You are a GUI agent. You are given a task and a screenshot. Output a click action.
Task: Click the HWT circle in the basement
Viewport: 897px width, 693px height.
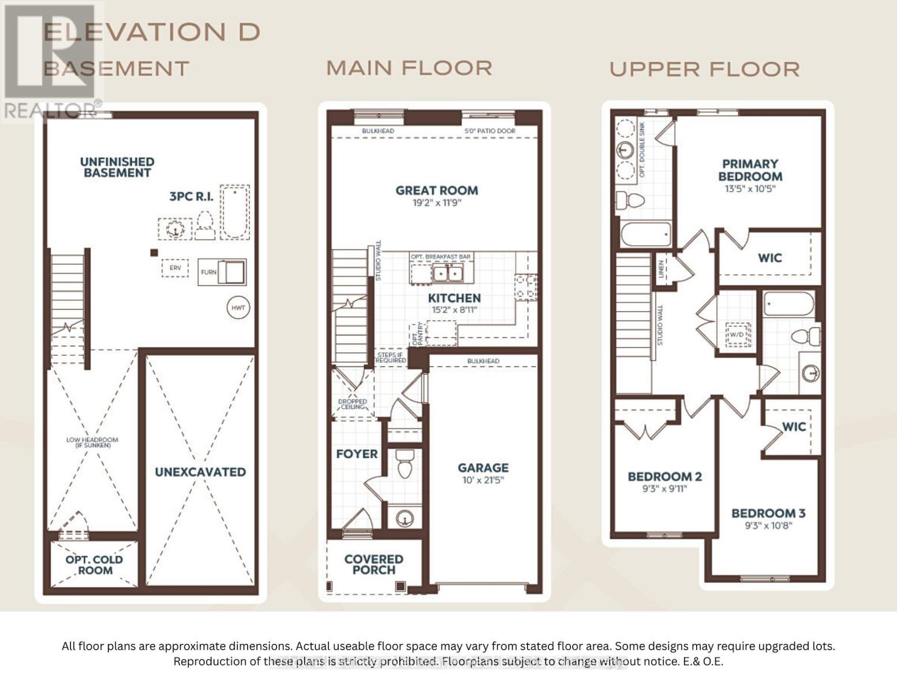[x=238, y=308]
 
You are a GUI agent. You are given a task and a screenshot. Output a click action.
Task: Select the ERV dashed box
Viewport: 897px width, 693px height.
[x=175, y=268]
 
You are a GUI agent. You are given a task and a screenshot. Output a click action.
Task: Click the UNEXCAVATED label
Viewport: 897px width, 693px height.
[x=200, y=472]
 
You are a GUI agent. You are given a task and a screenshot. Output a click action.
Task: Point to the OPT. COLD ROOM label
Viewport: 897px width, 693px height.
[x=94, y=565]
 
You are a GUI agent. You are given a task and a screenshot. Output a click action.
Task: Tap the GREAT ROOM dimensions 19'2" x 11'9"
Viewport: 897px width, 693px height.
[x=436, y=203]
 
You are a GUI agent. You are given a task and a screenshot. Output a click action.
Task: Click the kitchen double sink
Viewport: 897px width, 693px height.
[x=448, y=273]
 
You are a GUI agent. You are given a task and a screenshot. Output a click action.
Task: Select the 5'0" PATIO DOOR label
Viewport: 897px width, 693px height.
[x=490, y=131]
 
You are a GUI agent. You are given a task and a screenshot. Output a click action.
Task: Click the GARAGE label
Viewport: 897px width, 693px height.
[x=483, y=468]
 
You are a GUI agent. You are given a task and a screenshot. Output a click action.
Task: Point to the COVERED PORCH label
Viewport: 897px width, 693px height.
[x=374, y=564]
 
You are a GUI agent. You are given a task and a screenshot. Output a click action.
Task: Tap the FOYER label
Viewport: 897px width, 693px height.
[x=357, y=454]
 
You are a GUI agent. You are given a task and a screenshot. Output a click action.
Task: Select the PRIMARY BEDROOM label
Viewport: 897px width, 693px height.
[x=750, y=170]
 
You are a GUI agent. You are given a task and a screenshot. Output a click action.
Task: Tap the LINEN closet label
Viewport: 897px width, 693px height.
[x=661, y=269]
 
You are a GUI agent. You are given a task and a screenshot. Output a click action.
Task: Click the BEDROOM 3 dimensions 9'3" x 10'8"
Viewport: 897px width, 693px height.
[x=768, y=526]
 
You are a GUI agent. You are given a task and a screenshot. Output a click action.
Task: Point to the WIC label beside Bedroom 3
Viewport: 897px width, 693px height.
[x=794, y=427]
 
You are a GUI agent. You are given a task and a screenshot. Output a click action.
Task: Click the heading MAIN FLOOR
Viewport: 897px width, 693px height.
[x=409, y=68]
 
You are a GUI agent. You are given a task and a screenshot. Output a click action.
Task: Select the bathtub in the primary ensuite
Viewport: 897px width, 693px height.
[x=645, y=235]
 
